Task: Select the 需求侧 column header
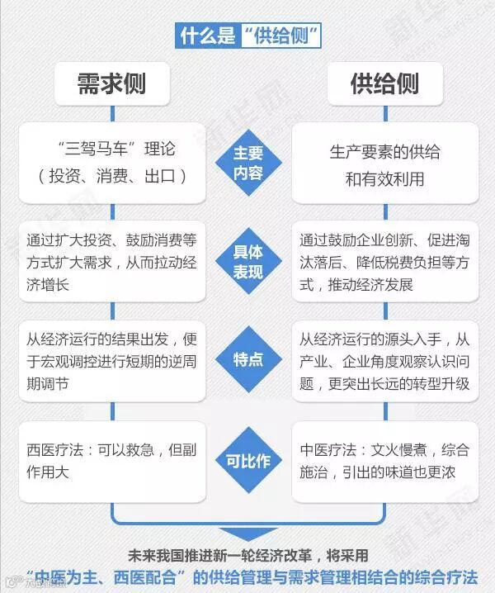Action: (x=111, y=83)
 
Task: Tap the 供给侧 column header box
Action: (x=384, y=83)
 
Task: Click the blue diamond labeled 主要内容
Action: (x=247, y=163)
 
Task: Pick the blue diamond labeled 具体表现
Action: (x=247, y=262)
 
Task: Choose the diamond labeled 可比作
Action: (x=247, y=461)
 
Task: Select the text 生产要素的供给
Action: (x=384, y=152)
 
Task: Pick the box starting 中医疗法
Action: (x=384, y=461)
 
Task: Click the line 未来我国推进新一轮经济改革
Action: (x=248, y=555)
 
